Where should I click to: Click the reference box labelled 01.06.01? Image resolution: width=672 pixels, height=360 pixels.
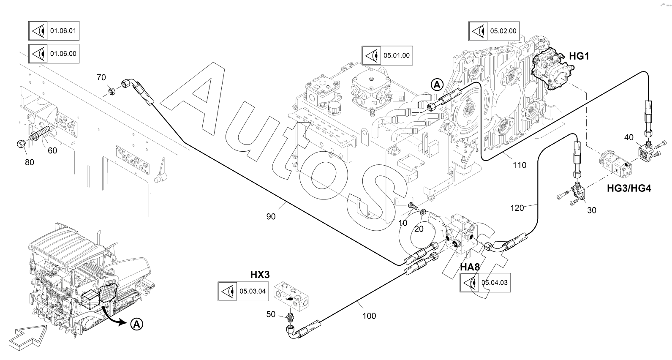click(54, 31)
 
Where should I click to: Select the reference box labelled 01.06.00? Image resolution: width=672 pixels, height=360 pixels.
click(54, 54)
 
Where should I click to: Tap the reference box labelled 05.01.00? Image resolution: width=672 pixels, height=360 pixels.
click(386, 55)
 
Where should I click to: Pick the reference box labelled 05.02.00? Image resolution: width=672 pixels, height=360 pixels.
click(494, 31)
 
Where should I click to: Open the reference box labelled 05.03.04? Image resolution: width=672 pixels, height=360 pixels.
click(243, 291)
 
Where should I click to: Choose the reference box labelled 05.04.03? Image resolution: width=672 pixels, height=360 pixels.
click(485, 283)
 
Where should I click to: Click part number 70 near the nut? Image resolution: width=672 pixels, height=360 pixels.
click(101, 77)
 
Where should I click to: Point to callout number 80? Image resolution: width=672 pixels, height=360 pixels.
click(29, 162)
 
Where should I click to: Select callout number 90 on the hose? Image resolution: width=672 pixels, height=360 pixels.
click(271, 216)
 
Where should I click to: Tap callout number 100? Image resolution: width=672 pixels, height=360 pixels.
click(369, 315)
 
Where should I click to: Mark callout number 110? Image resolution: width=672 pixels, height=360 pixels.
click(520, 165)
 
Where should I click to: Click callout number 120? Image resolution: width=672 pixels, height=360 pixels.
click(517, 207)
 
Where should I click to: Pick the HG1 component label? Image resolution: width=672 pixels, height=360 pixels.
click(579, 56)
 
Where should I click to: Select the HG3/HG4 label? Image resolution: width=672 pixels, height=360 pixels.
click(629, 188)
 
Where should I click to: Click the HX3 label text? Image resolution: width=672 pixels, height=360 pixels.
click(260, 274)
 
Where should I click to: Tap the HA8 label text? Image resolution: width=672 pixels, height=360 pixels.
click(470, 267)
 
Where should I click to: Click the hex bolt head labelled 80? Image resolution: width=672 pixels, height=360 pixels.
click(21, 144)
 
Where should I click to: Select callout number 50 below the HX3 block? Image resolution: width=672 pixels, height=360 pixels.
click(271, 314)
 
